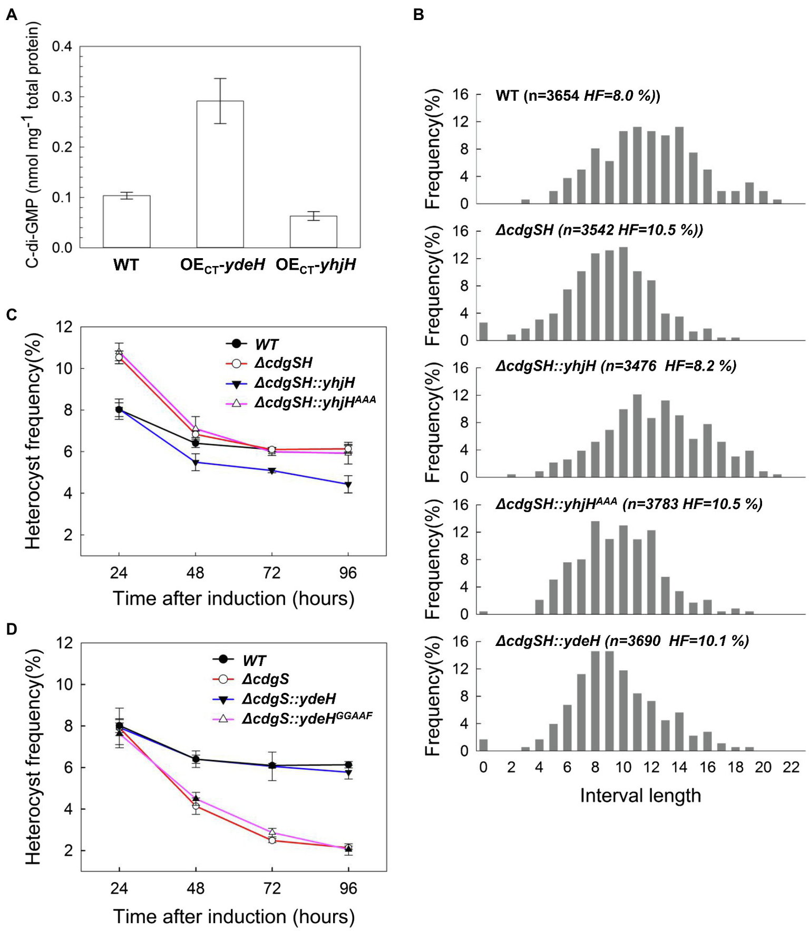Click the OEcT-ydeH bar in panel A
220,174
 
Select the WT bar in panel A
126,221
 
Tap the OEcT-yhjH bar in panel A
313,231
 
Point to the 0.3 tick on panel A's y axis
62,97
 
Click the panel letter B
418,15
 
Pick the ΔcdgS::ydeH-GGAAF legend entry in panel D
307,718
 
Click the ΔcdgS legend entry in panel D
266,679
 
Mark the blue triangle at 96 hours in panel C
348,485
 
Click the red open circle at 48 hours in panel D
196,806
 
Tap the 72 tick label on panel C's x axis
271,573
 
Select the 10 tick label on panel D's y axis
63,684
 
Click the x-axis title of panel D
233,916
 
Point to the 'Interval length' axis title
640,795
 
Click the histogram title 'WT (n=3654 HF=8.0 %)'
578,96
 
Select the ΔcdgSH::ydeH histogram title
622,641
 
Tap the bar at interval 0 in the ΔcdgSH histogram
483,331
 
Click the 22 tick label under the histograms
791,767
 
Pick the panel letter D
11,630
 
